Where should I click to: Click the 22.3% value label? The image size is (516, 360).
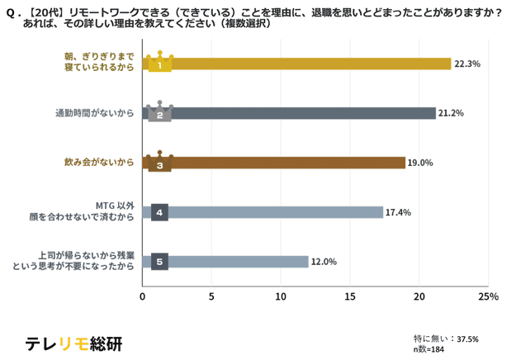point(467,64)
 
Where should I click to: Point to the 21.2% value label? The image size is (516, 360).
point(452,113)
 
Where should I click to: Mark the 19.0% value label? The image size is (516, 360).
point(421,163)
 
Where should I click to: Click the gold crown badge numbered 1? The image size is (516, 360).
point(159,63)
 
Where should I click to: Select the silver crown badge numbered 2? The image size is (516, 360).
point(159,112)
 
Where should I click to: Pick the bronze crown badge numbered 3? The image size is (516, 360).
point(159,162)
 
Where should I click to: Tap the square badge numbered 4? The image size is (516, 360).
point(160,212)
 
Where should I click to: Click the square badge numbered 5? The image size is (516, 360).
point(160,262)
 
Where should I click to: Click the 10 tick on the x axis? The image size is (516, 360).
point(281,296)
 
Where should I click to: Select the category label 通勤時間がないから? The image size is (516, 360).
point(94,113)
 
